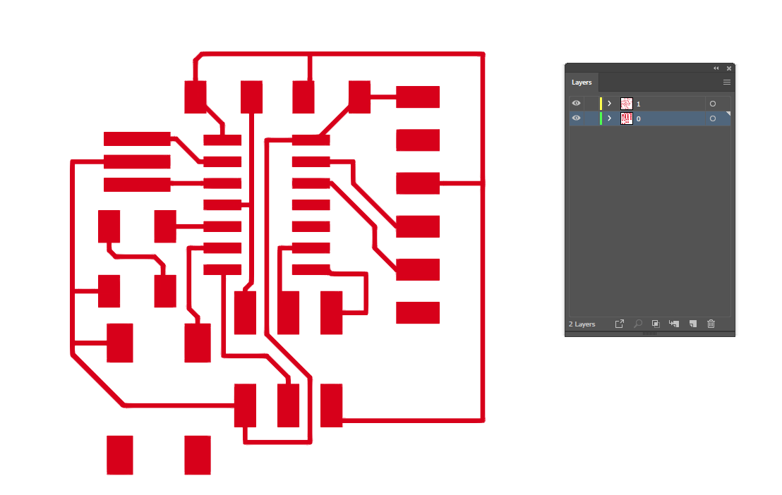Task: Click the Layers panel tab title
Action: tap(582, 82)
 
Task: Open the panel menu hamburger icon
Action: tap(726, 82)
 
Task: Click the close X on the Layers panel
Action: tap(729, 68)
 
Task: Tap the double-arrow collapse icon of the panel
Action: tap(716, 68)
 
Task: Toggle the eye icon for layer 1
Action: tap(576, 104)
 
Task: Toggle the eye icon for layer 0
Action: tap(576, 118)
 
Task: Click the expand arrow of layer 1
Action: tap(609, 104)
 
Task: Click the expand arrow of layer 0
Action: tap(609, 118)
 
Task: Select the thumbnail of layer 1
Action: tap(626, 104)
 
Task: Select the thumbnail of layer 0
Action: tap(626, 118)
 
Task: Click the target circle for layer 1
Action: tap(713, 104)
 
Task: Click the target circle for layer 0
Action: tap(713, 118)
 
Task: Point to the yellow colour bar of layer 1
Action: tap(601, 104)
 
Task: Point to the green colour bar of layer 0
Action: tap(601, 118)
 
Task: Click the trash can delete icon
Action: tap(711, 324)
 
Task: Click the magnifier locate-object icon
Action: tap(637, 324)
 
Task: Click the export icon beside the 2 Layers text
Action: tap(619, 324)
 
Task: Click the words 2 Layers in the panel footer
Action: tap(582, 324)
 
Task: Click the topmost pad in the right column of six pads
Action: tap(418, 97)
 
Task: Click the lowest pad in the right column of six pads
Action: tap(418, 312)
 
